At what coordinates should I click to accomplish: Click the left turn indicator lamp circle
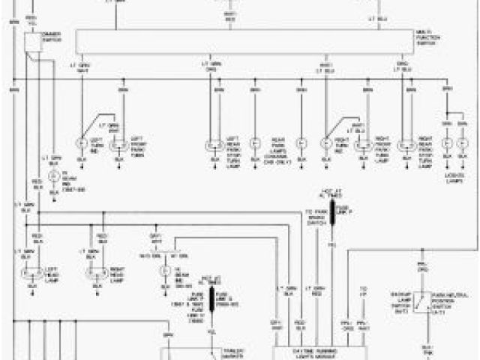pos(82,142)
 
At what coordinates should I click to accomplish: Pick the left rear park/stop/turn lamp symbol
pos(212,145)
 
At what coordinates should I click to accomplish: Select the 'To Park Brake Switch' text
pos(312,218)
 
